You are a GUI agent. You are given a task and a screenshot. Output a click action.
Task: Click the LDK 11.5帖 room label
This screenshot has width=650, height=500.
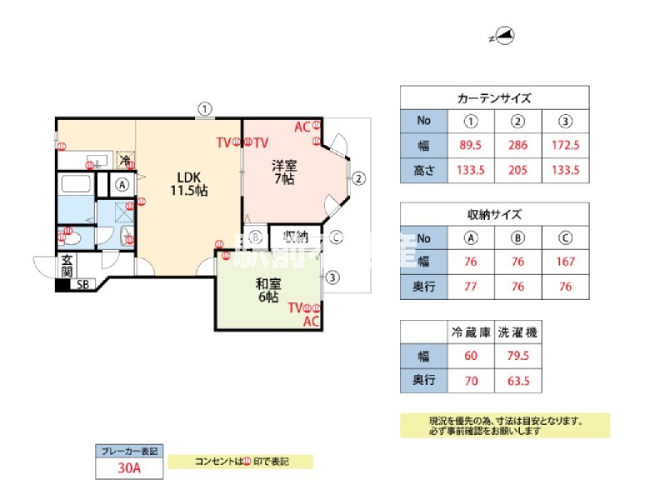click(x=190, y=183)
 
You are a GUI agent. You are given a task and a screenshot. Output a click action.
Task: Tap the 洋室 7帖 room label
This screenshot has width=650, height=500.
click(x=284, y=171)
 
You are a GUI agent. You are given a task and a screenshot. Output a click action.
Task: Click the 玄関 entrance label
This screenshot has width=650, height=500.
click(x=67, y=267)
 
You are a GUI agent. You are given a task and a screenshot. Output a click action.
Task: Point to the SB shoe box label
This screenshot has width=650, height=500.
click(x=82, y=285)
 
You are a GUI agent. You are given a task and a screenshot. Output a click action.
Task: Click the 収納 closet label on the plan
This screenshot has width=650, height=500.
click(x=296, y=236)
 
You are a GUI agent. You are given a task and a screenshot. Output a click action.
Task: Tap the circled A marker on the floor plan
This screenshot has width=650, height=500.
click(x=122, y=185)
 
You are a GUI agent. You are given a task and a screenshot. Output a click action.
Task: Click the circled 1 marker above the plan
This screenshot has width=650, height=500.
click(x=205, y=107)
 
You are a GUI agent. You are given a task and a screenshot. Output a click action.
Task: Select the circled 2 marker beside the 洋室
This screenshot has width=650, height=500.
click(x=357, y=177)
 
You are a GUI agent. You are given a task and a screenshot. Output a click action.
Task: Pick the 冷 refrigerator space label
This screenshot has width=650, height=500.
click(x=125, y=159)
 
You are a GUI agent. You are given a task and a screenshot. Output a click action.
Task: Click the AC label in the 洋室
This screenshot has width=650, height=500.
click(x=302, y=127)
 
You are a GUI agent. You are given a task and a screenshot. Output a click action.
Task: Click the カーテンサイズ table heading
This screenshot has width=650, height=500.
click(x=494, y=98)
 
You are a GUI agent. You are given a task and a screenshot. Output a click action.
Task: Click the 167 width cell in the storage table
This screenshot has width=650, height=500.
click(x=566, y=261)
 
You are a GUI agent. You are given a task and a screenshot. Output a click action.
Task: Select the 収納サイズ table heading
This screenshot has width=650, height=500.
click(x=494, y=214)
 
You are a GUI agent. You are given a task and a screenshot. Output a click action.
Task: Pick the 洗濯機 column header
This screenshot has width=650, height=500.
click(x=517, y=332)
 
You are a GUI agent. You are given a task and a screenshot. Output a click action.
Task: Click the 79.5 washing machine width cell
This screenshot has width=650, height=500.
click(x=517, y=357)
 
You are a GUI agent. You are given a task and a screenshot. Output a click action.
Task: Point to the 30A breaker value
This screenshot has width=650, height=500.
click(x=129, y=469)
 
